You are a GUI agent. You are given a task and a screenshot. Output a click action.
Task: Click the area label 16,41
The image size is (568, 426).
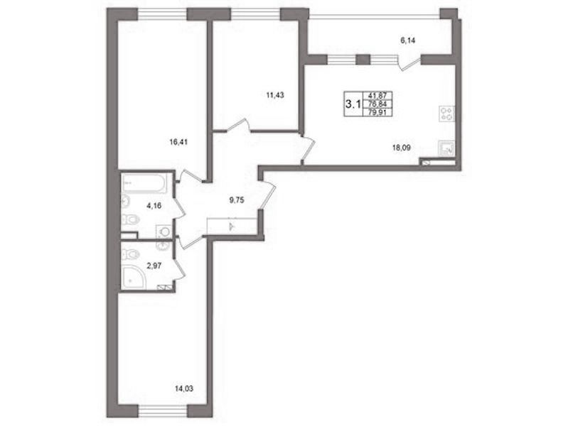[178, 142]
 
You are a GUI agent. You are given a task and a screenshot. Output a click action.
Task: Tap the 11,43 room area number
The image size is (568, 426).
[274, 95]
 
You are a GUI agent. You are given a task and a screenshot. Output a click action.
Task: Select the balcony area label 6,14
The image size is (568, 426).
[407, 40]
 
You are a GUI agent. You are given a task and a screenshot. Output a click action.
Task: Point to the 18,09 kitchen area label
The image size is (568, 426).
[402, 147]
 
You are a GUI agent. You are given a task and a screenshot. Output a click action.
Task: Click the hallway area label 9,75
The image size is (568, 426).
[237, 199]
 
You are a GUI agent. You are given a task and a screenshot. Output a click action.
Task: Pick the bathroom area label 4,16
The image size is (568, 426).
[154, 206]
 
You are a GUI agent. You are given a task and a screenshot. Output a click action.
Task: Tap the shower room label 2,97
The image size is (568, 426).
[154, 266]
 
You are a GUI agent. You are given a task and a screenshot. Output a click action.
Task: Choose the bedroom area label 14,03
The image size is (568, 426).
[184, 389]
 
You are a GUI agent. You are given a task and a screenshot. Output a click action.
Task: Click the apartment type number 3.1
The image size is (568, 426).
[353, 104]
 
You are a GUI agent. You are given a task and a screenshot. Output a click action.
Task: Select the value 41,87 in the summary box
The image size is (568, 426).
[377, 95]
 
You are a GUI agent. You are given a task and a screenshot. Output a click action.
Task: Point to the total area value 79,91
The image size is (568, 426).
[377, 113]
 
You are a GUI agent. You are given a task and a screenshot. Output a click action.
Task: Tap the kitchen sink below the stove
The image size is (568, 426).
[446, 148]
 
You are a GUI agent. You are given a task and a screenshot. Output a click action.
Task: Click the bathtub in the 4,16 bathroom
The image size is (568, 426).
[144, 183]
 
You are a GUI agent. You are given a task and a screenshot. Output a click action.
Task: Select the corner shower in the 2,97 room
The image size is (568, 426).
[134, 278]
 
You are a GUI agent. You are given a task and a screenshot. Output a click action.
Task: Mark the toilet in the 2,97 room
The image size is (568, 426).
[130, 254]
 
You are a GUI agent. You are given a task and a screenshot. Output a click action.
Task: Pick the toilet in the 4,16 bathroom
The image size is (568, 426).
[130, 219]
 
